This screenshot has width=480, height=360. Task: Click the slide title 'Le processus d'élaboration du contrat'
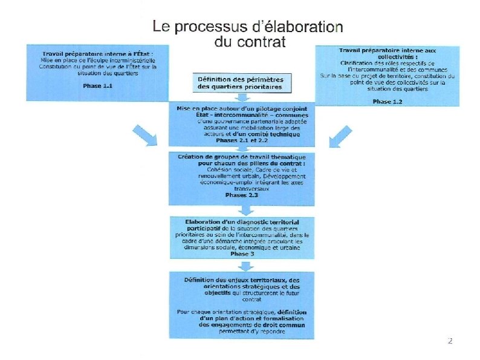pos(248,34)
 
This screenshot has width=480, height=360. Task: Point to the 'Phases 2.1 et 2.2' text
pos(242,140)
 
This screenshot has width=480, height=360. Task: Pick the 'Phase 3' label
pos(242,255)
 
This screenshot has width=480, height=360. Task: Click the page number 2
pos(449,341)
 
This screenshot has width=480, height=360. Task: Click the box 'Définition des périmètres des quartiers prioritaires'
pos(240,83)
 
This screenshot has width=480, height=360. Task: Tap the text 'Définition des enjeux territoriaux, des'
pos(242,279)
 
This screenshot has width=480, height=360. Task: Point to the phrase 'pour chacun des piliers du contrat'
pos(242,164)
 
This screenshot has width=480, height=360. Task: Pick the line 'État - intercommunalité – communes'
pos(242,114)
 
